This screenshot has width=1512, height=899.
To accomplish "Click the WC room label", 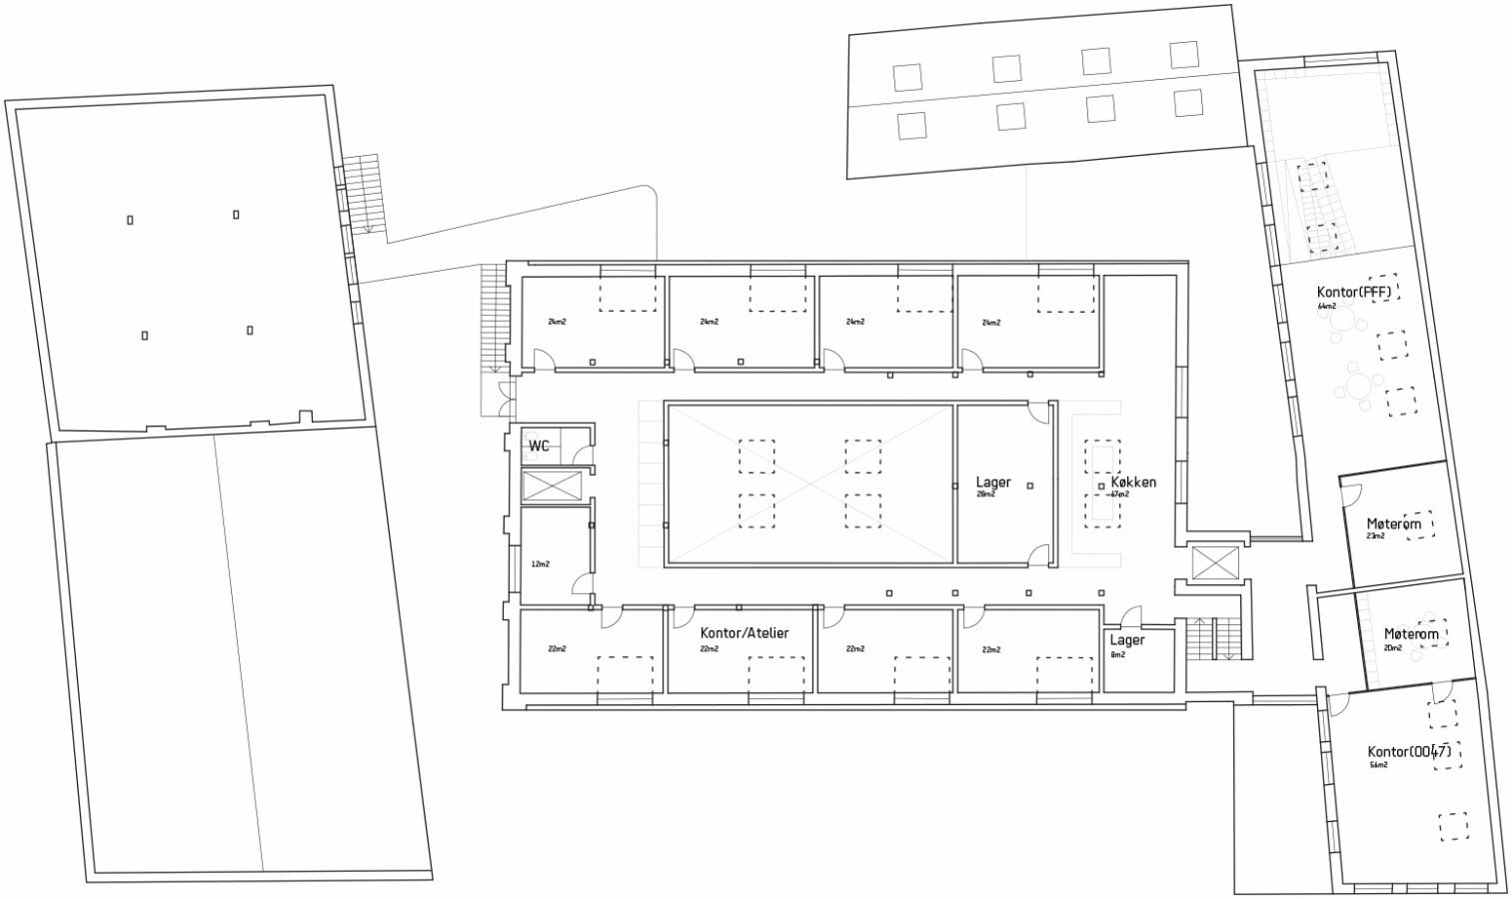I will click(539, 446).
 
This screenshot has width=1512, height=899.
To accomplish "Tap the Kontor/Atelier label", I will click(745, 633).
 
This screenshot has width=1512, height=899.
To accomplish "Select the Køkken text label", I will click(1133, 482).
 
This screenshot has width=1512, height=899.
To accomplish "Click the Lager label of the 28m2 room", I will click(993, 482).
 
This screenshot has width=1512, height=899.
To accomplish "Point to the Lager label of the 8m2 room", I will click(1127, 640).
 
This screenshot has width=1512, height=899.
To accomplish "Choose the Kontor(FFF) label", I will click(1354, 293).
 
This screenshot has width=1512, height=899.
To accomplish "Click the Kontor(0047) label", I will click(1408, 751).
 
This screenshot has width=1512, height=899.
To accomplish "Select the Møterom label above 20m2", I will click(1411, 634).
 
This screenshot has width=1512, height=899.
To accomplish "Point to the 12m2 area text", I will click(540, 564).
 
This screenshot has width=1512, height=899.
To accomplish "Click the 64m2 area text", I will click(1326, 306).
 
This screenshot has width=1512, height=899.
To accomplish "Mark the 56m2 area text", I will click(1378, 765).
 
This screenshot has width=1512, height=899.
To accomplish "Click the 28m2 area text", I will click(986, 494).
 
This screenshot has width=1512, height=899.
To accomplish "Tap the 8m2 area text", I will click(1117, 654).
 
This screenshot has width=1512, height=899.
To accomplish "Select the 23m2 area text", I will click(1376, 536).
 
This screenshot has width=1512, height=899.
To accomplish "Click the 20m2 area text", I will click(1393, 647).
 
